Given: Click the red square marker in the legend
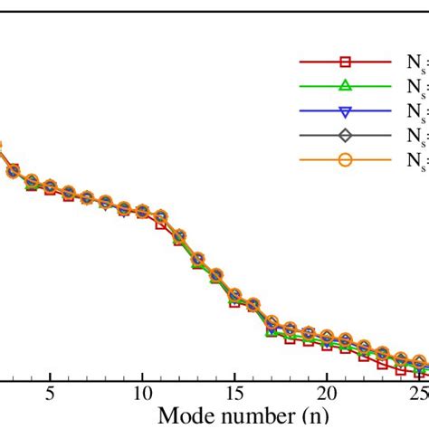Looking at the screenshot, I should click(x=345, y=62).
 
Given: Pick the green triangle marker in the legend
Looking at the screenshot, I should click(x=345, y=87).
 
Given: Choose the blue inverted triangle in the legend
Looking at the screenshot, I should click(x=345, y=111).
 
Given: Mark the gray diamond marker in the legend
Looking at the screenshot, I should click(x=345, y=136).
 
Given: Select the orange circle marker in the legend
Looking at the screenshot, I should click(x=345, y=160).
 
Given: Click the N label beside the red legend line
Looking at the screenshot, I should click(x=413, y=63).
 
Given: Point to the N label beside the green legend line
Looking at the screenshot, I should click(x=413, y=88).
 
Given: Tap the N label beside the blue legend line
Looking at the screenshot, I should click(x=413, y=112).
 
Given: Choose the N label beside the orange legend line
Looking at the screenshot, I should click(x=413, y=161).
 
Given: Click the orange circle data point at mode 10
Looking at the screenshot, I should click(x=142, y=211).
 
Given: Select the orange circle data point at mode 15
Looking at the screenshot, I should click(x=234, y=295).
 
